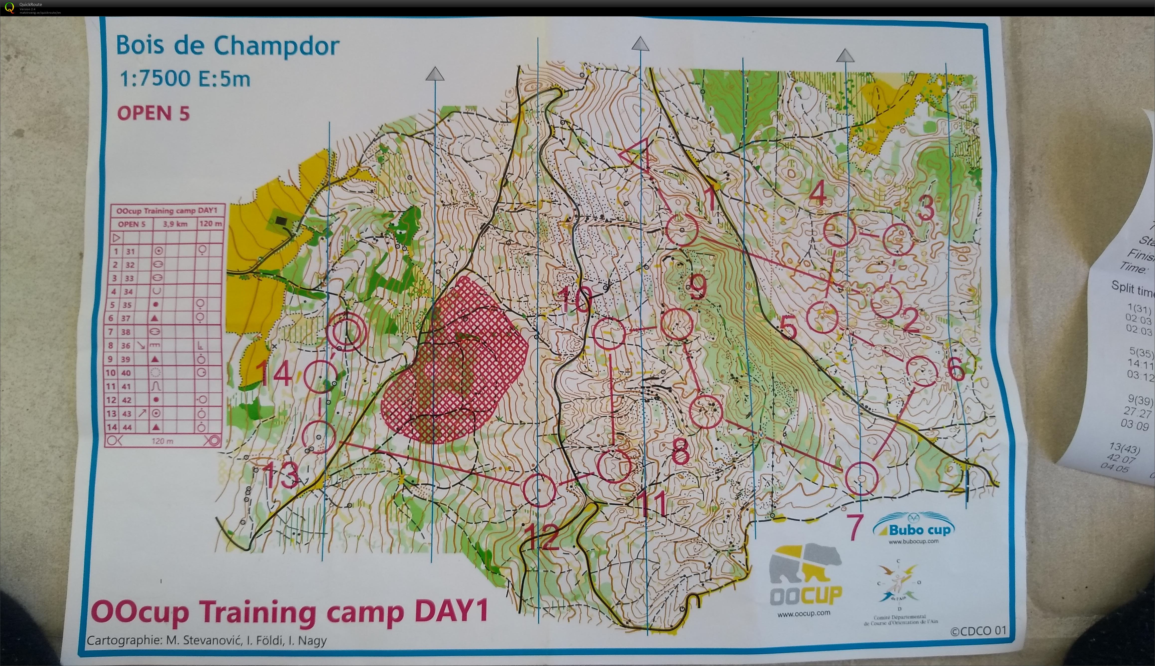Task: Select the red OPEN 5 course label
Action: (x=153, y=113)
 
